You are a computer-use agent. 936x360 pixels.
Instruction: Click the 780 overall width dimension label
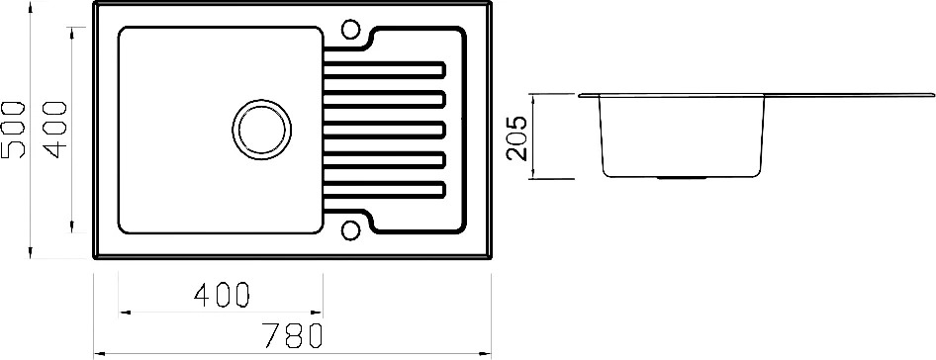(293, 335)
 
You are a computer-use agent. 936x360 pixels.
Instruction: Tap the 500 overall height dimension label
(13, 130)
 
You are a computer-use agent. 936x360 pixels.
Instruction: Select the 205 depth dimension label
(515, 137)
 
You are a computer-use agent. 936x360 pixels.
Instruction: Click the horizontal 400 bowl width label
(221, 295)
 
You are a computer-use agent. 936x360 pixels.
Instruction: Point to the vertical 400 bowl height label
(55, 130)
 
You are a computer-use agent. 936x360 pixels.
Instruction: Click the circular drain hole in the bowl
(262, 130)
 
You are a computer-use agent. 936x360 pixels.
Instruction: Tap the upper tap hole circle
(350, 29)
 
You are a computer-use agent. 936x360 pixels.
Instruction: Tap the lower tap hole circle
(350, 231)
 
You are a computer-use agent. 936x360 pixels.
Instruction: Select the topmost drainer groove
(385, 70)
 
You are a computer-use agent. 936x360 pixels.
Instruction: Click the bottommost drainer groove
(385, 189)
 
